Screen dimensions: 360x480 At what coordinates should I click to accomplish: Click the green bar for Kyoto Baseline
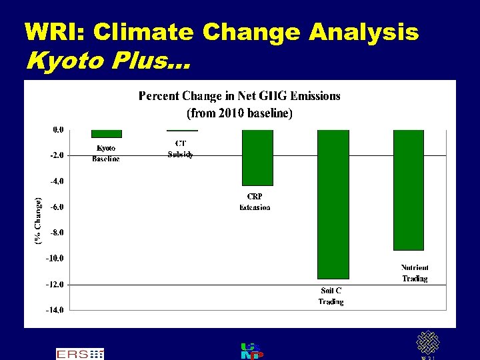coord(107,133)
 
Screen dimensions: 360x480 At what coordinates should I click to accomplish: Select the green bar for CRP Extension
coord(257,157)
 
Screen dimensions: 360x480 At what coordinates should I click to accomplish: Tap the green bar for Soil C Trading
coord(333,204)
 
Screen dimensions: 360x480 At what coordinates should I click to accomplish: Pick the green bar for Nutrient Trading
coord(409,190)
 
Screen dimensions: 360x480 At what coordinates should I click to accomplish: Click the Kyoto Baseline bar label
coord(106,153)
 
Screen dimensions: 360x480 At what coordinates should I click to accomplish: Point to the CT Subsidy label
coord(181,149)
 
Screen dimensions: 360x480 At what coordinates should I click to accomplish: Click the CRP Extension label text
coord(255,202)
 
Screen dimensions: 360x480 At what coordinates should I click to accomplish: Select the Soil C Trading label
coord(331,296)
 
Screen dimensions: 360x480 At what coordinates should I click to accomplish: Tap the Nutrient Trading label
coord(415,273)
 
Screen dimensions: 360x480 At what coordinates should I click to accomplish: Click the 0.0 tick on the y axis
coord(59,129)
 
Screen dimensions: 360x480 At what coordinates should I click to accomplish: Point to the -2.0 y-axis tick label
coord(57,155)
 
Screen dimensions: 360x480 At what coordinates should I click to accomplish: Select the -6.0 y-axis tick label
coord(57,207)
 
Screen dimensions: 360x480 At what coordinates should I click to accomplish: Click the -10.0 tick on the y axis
coord(55,259)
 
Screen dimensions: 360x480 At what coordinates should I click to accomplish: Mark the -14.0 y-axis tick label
coord(55,310)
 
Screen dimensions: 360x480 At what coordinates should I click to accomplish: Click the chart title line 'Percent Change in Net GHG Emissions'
coord(239,96)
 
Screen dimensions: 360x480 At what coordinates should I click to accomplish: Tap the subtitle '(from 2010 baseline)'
coord(239,113)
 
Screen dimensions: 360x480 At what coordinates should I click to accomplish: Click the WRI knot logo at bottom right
coord(427,343)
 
